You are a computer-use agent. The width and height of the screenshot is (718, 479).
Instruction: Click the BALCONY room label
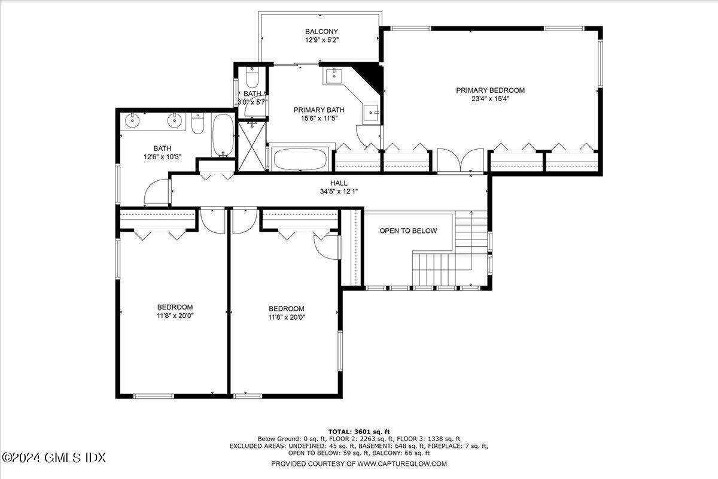point(321,32)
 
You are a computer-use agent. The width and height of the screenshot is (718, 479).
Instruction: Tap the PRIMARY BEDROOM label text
point(490,90)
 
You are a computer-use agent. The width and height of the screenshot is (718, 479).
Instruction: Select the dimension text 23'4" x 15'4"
point(490,99)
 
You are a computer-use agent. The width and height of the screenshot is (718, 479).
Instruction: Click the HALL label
point(339,183)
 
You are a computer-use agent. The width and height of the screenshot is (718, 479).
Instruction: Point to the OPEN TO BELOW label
point(408,231)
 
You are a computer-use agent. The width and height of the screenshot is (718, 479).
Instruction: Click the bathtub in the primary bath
point(300,159)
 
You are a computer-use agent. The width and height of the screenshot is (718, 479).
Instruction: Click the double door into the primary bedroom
point(460,160)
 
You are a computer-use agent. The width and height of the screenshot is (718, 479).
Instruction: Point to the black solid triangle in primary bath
point(373,74)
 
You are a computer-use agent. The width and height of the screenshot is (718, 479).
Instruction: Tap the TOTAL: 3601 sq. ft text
point(359,431)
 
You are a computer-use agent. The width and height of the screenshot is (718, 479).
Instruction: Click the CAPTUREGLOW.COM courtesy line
point(359,463)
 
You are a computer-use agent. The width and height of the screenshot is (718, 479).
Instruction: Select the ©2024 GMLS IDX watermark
point(54,457)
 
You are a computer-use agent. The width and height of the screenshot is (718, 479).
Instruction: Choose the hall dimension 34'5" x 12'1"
point(339,192)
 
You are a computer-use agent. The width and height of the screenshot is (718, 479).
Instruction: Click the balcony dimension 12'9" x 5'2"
point(321,40)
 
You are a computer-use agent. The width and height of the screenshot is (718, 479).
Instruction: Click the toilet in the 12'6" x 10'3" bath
point(199,125)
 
